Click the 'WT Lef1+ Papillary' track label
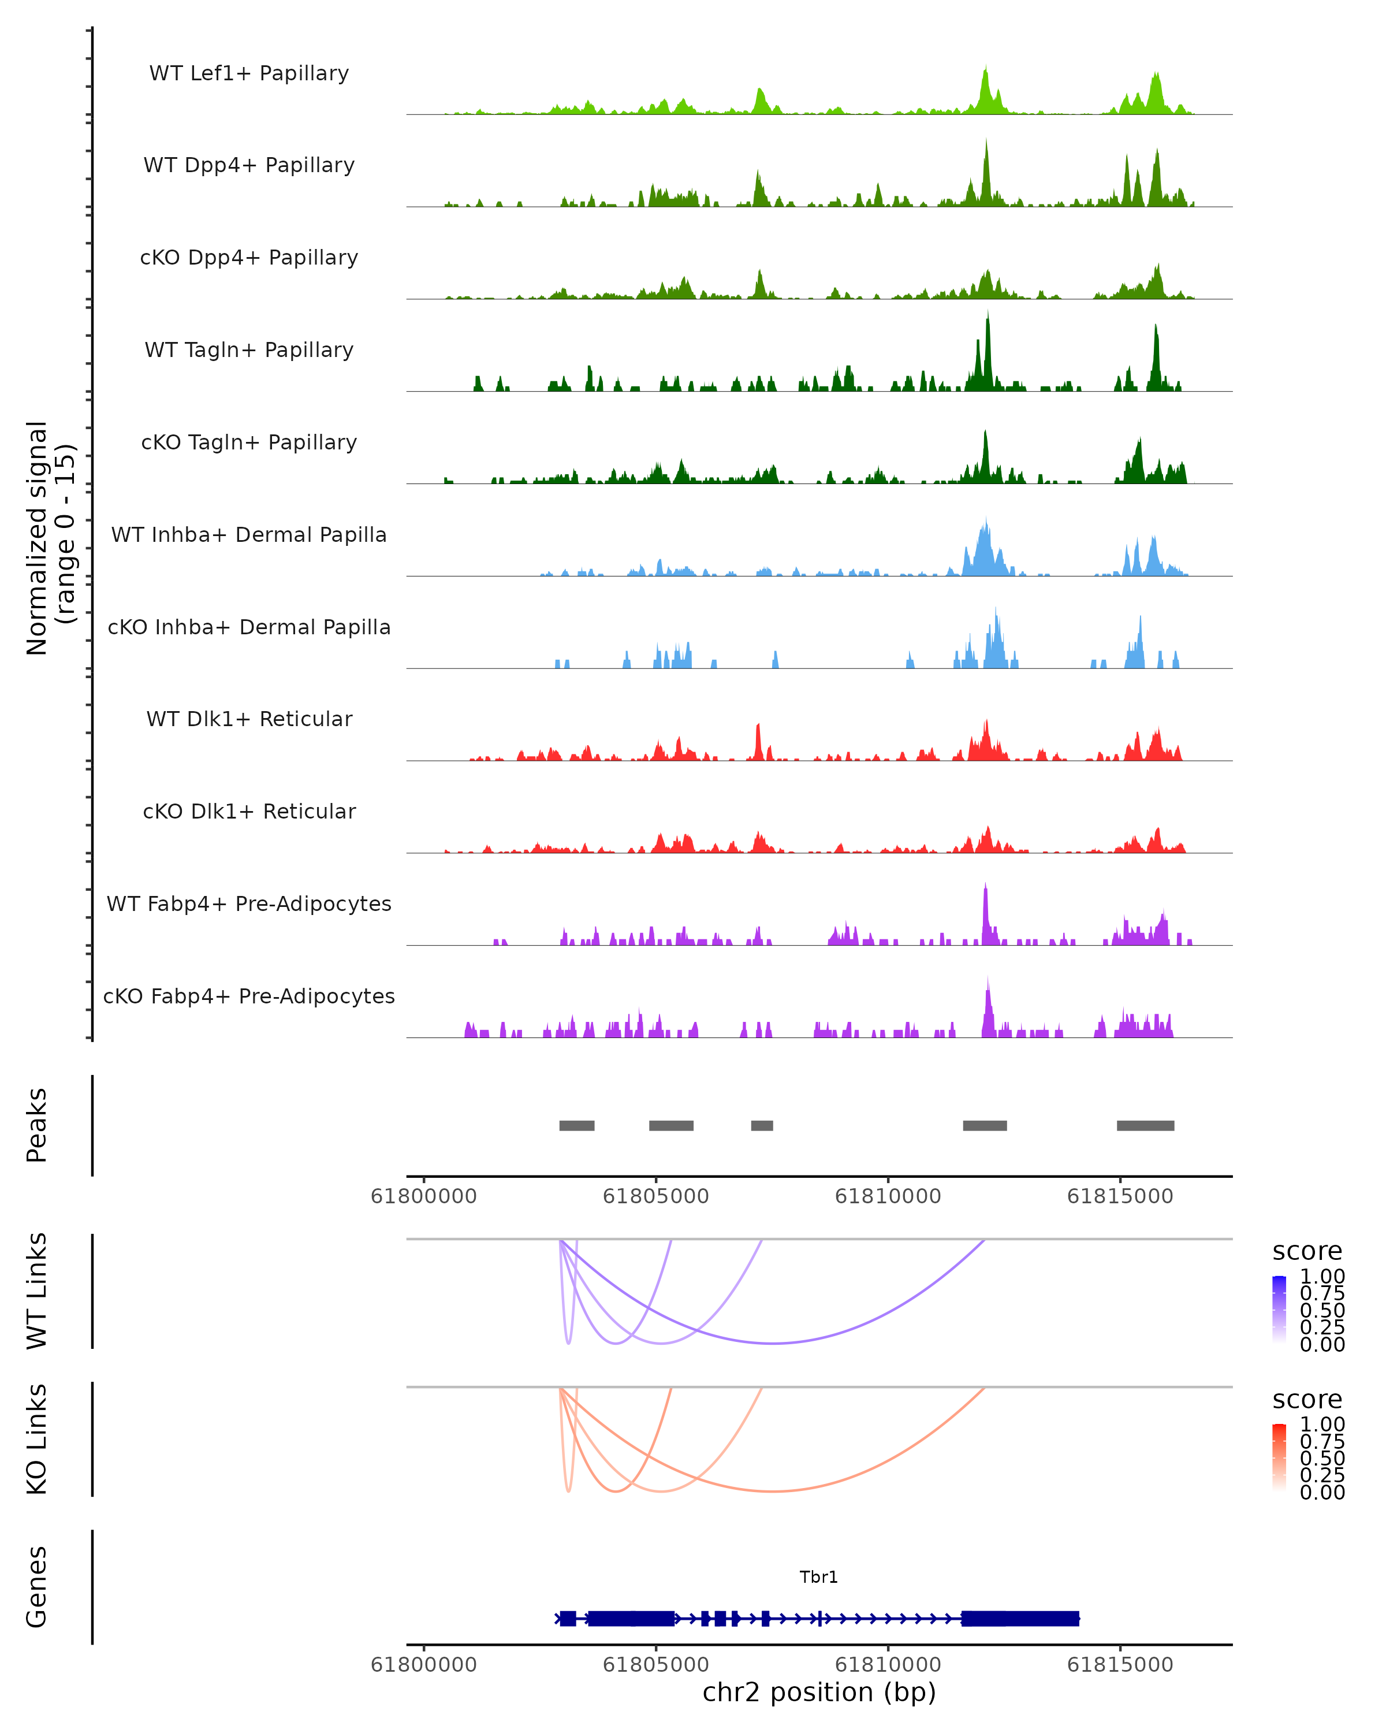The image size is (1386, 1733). [249, 73]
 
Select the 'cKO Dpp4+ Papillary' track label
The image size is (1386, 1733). [249, 257]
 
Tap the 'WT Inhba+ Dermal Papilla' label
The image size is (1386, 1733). [249, 534]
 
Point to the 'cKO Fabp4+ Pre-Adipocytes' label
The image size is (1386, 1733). [249, 996]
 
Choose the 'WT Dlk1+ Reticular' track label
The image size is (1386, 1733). [249, 719]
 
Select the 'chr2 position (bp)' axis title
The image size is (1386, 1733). [819, 1692]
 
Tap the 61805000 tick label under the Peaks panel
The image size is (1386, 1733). [655, 1196]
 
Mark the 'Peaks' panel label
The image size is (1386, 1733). [37, 1125]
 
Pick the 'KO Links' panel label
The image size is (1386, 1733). [37, 1440]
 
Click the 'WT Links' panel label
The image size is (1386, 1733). [37, 1291]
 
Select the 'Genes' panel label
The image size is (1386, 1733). [37, 1587]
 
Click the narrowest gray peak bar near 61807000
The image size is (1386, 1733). [762, 1125]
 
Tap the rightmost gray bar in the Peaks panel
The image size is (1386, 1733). [1145, 1125]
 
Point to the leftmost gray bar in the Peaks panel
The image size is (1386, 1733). [577, 1125]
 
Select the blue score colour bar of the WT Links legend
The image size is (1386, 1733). [1279, 1310]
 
